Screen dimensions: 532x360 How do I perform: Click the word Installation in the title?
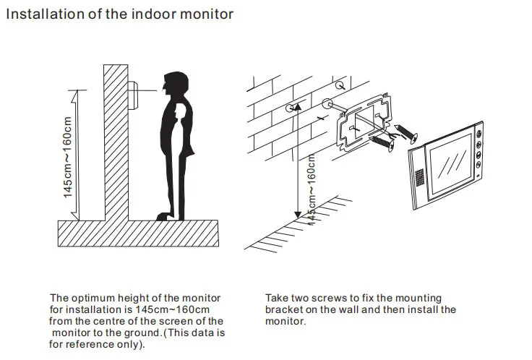coord(45,14)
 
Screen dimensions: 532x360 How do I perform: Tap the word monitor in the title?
coord(206,14)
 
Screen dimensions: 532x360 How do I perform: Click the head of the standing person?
coord(176,83)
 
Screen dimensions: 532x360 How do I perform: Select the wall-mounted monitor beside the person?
coord(133,95)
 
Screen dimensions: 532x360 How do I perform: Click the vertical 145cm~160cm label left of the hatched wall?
coord(68,157)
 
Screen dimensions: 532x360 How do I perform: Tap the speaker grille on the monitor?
coord(420,177)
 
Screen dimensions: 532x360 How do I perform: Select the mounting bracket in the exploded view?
coord(364,122)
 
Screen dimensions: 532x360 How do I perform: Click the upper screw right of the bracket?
coord(406,133)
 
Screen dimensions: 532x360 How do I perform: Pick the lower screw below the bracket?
coord(383,143)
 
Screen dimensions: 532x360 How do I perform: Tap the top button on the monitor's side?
coord(479,133)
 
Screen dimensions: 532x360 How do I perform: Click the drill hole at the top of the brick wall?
coord(340,85)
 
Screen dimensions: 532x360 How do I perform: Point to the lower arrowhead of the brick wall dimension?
coord(298,215)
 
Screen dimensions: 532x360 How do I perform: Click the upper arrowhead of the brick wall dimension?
coord(298,107)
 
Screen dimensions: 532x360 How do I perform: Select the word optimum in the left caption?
coord(92,299)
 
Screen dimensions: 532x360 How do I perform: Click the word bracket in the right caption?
coord(283,310)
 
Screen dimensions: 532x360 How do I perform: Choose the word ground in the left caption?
coord(142,333)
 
